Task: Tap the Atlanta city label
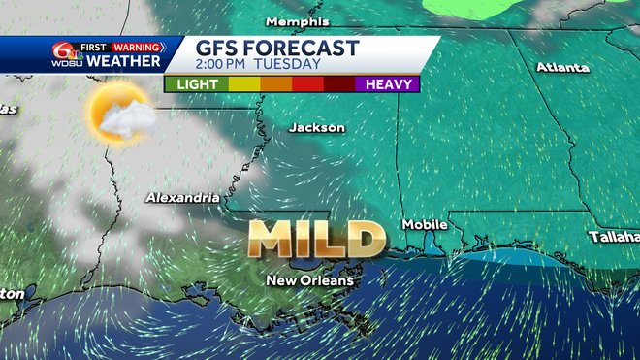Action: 562,68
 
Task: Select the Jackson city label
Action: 317,128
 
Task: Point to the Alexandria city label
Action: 182,198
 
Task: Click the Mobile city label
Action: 425,225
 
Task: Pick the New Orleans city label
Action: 310,281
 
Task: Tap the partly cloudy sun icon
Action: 119,115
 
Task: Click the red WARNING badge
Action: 138,47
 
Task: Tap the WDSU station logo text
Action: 66,63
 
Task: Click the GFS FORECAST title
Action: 277,48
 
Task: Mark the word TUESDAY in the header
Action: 288,65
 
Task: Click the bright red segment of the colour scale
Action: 308,84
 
